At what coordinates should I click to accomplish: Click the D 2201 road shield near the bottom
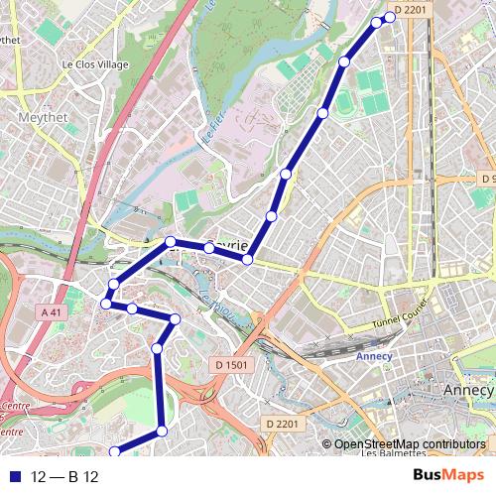(283, 425)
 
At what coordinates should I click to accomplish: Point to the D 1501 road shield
(231, 365)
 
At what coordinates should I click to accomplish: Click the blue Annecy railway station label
(375, 356)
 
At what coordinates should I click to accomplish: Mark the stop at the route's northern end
(390, 17)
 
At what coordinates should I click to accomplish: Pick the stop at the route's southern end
(114, 452)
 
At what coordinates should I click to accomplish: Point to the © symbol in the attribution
(325, 444)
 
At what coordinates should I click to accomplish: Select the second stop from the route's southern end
(162, 431)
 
